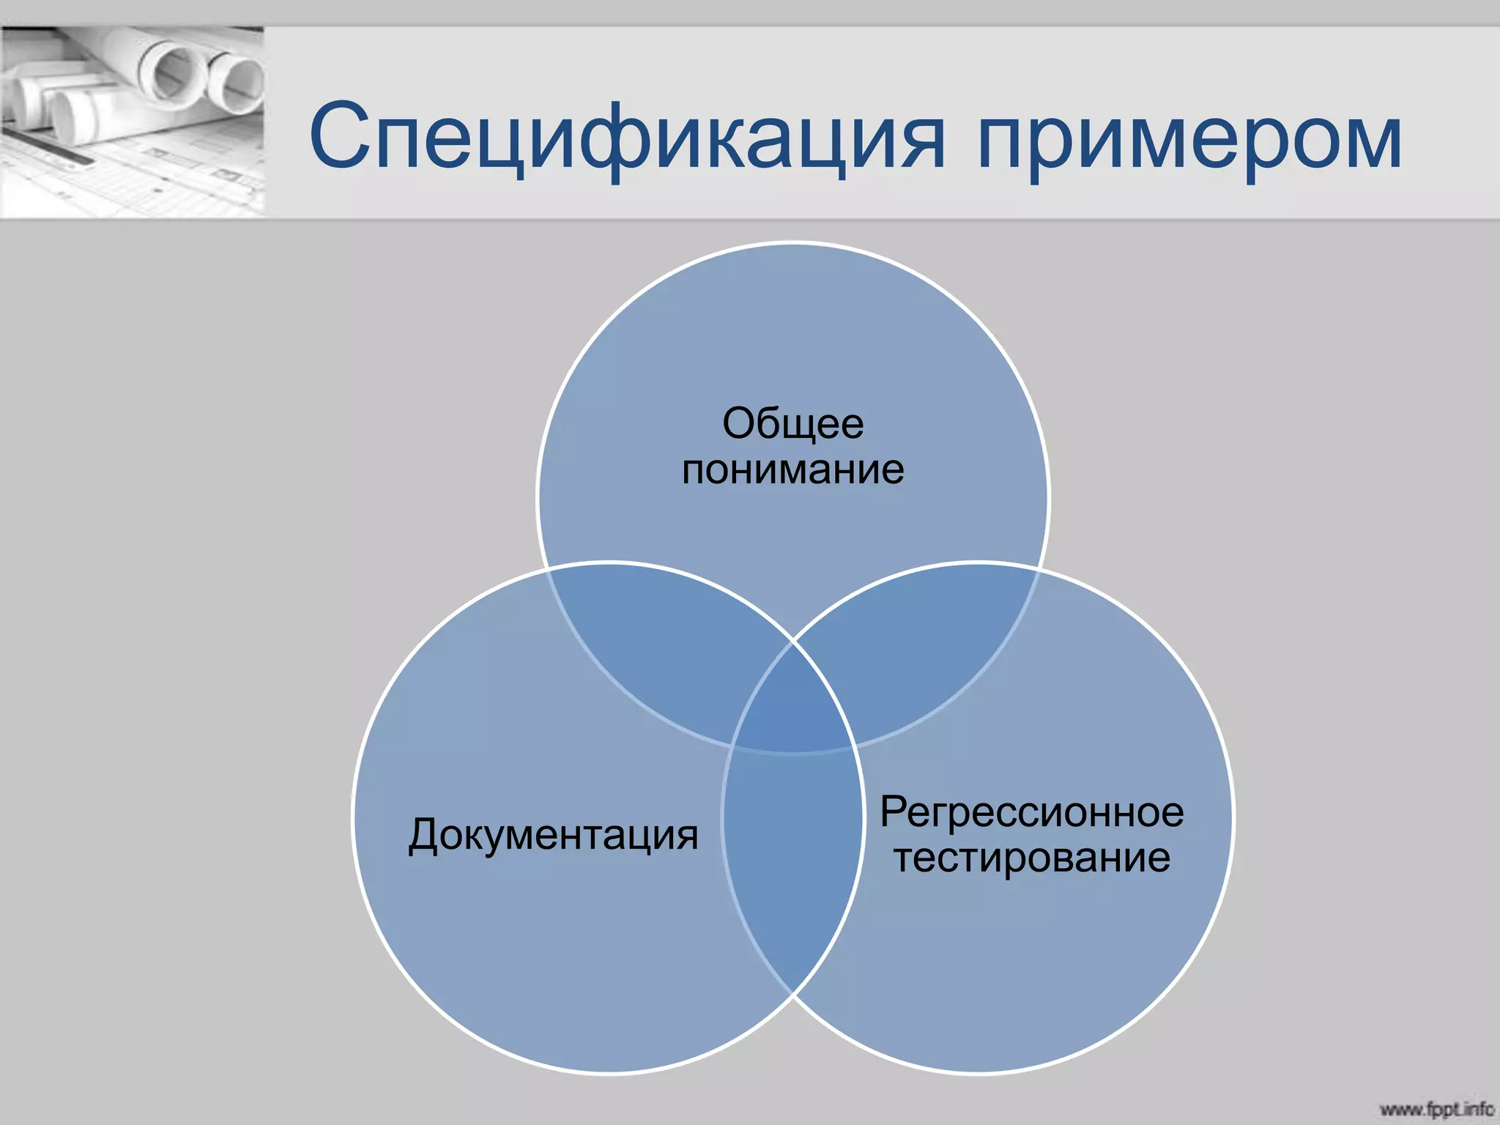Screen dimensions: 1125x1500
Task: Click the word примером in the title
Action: [1188, 139]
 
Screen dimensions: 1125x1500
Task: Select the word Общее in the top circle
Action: [792, 424]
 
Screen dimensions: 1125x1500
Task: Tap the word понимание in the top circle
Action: [792, 469]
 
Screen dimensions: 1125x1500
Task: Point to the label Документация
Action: [553, 835]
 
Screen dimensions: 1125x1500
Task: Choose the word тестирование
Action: [1031, 857]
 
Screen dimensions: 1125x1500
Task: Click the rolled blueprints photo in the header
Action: [132, 122]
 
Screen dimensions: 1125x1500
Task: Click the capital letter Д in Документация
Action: [425, 835]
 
